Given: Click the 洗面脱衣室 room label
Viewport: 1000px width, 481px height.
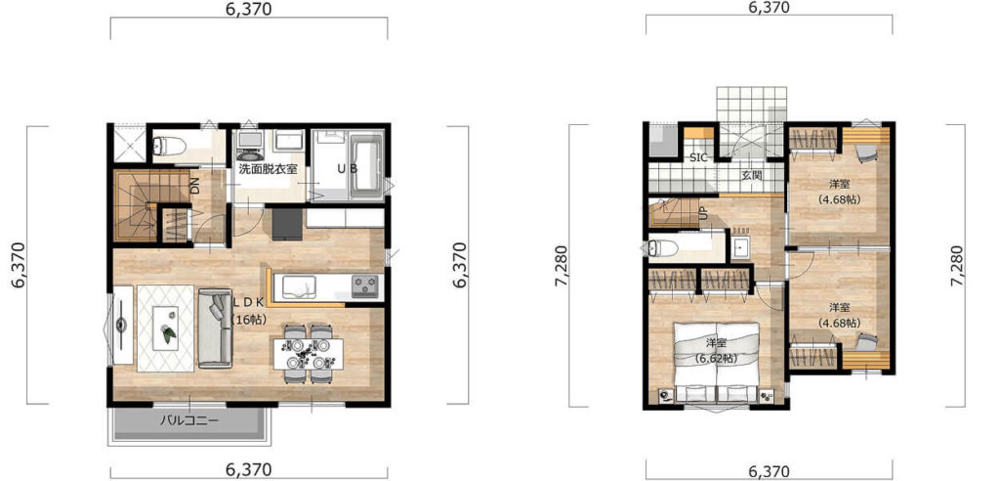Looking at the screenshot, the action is click(269, 170).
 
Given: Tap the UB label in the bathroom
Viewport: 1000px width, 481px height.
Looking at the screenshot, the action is click(348, 170).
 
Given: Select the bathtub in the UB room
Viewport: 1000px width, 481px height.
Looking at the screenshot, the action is click(367, 167).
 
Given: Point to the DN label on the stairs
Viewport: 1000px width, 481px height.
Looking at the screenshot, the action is click(194, 186).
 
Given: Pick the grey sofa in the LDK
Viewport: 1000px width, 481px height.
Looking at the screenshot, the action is click(214, 328).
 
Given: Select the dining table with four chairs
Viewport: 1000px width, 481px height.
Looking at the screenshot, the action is click(308, 354).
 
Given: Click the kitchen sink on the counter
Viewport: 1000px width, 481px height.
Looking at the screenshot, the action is click(299, 285).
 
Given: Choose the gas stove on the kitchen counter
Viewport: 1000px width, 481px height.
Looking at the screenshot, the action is click(366, 285).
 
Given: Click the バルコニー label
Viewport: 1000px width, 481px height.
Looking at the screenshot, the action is click(189, 421).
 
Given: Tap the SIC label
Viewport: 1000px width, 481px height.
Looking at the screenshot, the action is click(698, 157).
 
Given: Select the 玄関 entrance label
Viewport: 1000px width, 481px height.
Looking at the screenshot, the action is click(752, 175).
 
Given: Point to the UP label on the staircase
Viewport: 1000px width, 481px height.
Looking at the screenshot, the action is click(703, 213).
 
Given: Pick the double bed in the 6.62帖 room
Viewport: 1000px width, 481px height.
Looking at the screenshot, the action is click(717, 362).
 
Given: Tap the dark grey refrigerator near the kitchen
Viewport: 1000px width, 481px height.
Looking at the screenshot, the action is click(286, 223).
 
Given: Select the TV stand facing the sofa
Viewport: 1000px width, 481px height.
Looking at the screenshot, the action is click(122, 326).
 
